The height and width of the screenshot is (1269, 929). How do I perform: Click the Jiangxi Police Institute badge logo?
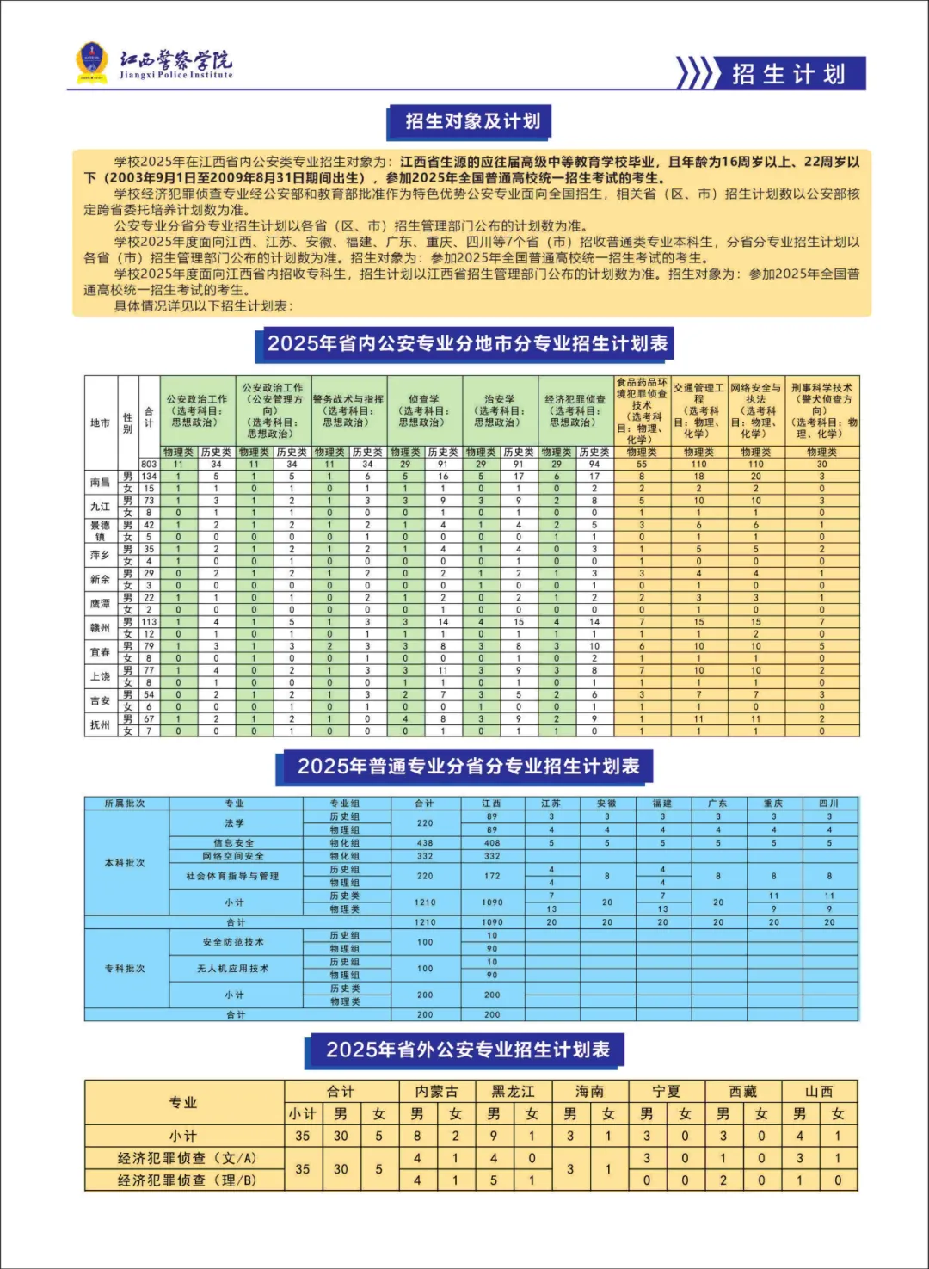tap(92, 63)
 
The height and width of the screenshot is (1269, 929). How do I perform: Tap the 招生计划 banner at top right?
tap(788, 74)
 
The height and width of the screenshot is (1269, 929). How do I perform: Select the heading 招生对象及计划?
tap(472, 121)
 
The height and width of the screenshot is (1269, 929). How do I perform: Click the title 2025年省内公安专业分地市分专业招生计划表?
tap(466, 344)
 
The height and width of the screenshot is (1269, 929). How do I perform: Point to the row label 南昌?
tap(100, 483)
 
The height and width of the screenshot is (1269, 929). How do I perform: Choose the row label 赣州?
tap(100, 628)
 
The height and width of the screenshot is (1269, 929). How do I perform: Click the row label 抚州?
tap(100, 725)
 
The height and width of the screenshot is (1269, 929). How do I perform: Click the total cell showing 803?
tap(149, 464)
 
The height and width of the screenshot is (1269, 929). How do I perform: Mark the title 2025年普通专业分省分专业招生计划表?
tap(468, 767)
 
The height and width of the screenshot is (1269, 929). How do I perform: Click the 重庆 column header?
tap(773, 804)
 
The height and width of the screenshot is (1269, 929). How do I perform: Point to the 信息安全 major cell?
tap(234, 843)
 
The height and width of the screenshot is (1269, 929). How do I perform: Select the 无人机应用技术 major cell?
tap(234, 969)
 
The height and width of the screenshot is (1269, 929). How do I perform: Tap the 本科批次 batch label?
tap(126, 863)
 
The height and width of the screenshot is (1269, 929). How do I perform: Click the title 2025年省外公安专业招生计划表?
tap(467, 1050)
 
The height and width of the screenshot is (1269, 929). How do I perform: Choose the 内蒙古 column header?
tap(436, 1092)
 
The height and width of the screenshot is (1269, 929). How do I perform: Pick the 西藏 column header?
tap(742, 1092)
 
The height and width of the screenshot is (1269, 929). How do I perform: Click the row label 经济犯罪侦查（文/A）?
tap(186, 1158)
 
